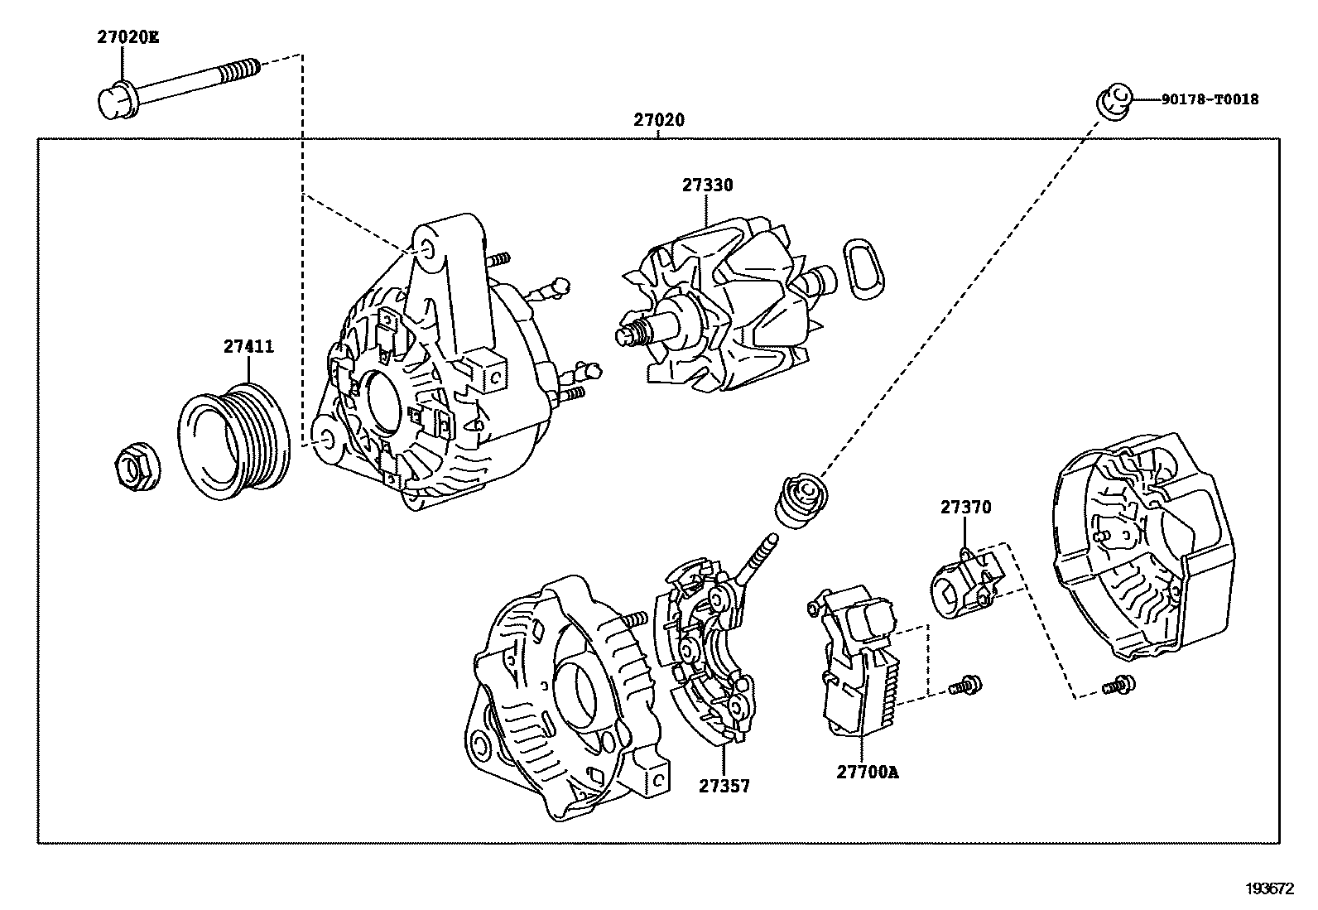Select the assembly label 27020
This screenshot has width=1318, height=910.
pos(659,120)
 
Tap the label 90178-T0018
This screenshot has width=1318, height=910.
pos(1209,99)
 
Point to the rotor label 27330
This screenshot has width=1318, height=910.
pos(707,185)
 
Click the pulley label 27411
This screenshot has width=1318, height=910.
pos(248,347)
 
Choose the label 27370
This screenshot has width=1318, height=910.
pos(964,508)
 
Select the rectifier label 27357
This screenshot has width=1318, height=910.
pos(724,787)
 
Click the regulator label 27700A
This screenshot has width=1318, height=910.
pos(867,773)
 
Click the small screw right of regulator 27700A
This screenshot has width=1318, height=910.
pos(966,685)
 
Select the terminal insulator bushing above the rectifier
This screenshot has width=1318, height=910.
pos(800,498)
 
